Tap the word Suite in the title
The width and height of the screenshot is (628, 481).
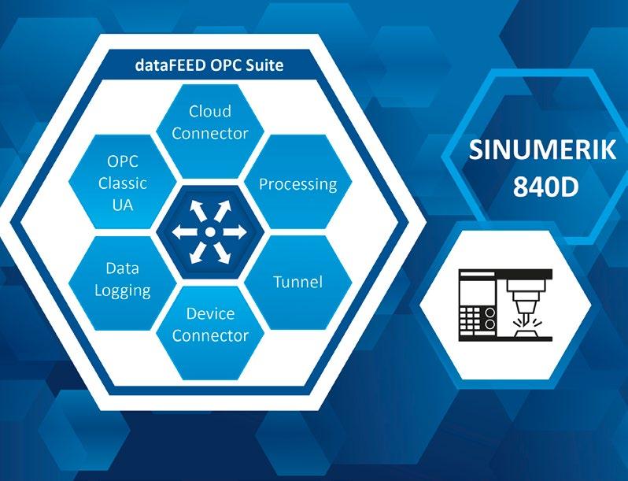(264, 65)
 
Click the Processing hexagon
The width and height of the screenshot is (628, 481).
(297, 184)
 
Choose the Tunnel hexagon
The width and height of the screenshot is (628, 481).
(297, 281)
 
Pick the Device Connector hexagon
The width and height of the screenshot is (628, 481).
(210, 324)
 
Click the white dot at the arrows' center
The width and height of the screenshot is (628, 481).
(210, 232)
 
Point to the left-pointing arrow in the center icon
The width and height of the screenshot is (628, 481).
(185, 232)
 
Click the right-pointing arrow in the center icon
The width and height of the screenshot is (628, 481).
(235, 232)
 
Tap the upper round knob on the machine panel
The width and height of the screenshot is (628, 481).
(489, 312)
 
